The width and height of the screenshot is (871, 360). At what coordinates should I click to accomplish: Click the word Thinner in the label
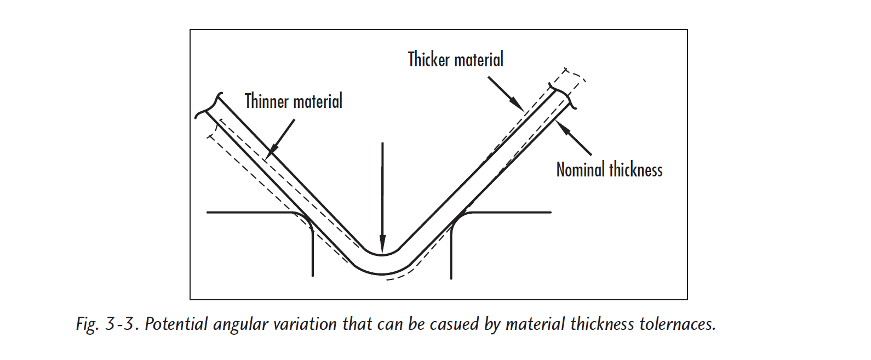266,101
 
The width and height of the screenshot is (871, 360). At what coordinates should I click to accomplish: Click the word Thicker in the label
429,60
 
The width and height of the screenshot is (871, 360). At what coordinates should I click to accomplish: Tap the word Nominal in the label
581,170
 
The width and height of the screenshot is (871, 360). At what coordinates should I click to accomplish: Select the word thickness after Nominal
636,170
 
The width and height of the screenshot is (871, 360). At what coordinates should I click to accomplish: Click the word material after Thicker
479,60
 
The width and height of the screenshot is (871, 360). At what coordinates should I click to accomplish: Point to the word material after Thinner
318,101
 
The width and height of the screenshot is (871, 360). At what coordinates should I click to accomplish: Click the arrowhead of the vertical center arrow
382,244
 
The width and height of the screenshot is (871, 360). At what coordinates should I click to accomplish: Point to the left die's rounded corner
306,221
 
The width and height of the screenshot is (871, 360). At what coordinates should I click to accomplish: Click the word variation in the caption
305,324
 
